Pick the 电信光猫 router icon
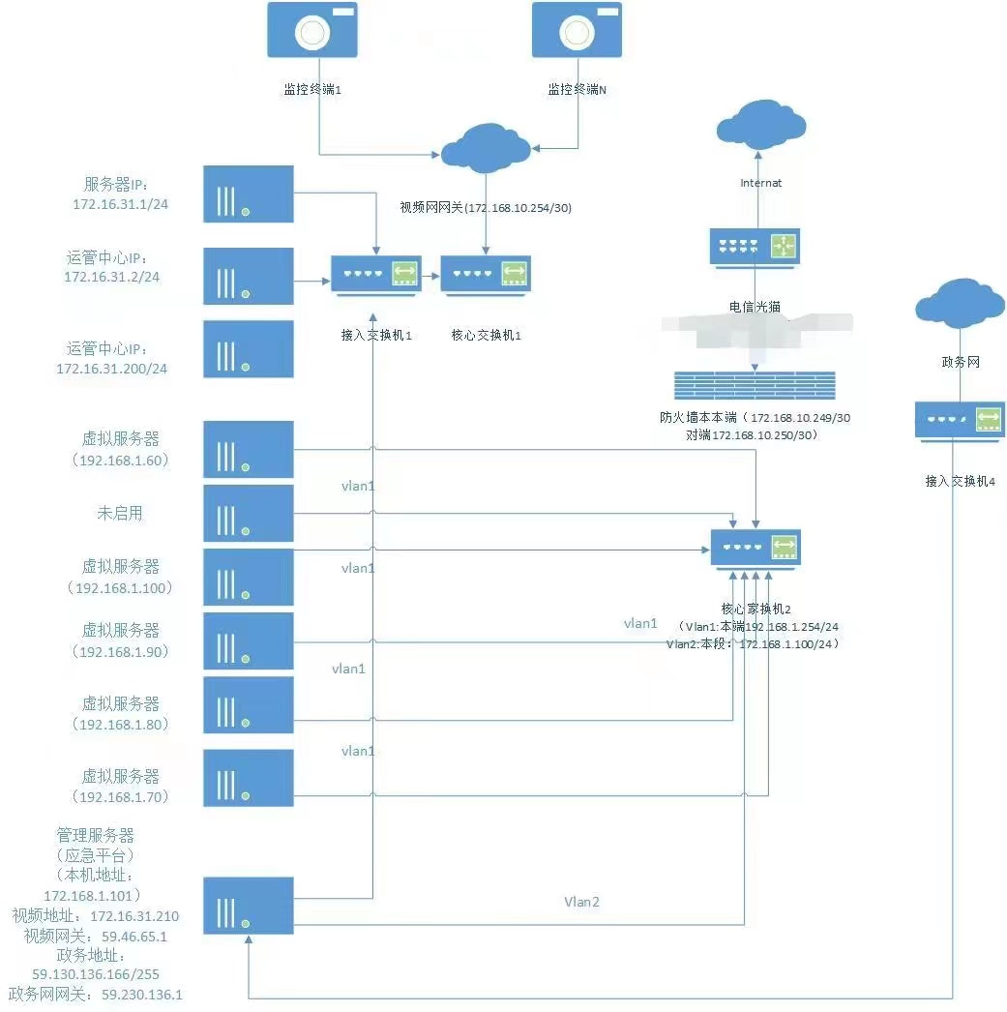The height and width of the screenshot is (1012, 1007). tap(755, 247)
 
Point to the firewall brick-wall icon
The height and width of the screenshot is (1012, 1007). tap(755, 386)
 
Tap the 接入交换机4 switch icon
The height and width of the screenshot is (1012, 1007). tap(960, 420)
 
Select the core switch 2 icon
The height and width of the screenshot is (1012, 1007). tap(755, 549)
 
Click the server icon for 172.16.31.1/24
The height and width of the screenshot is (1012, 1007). tap(248, 193)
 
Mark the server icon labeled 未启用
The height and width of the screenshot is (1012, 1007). tap(248, 513)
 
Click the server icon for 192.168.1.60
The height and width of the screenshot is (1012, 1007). tap(248, 449)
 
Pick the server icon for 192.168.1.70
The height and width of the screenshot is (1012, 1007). tap(248, 777)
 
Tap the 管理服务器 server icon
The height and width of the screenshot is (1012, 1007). tap(248, 906)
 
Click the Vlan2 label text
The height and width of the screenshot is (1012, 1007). tap(581, 902)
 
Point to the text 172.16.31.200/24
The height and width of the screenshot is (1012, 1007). tap(111, 369)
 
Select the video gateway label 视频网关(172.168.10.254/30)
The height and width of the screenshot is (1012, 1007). tap(486, 207)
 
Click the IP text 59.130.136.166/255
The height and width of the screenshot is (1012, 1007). tap(96, 974)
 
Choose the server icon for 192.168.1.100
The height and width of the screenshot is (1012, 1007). tap(248, 578)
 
